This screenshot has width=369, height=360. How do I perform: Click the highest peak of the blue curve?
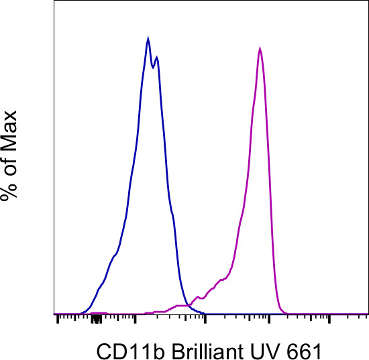pos(148,39)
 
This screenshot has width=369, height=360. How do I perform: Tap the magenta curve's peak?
pos(260,49)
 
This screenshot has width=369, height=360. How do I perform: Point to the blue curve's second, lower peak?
pos(157,57)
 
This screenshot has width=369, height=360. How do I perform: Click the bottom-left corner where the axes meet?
pos(54,314)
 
